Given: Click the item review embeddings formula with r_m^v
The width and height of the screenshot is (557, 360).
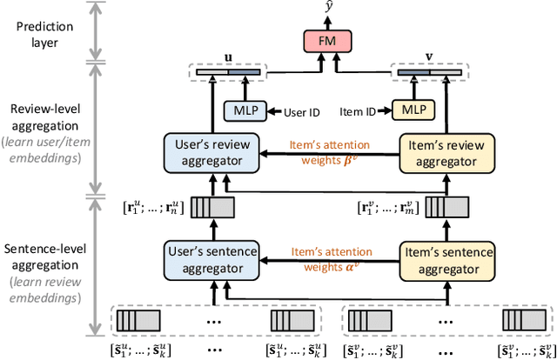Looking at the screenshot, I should (388, 208).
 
